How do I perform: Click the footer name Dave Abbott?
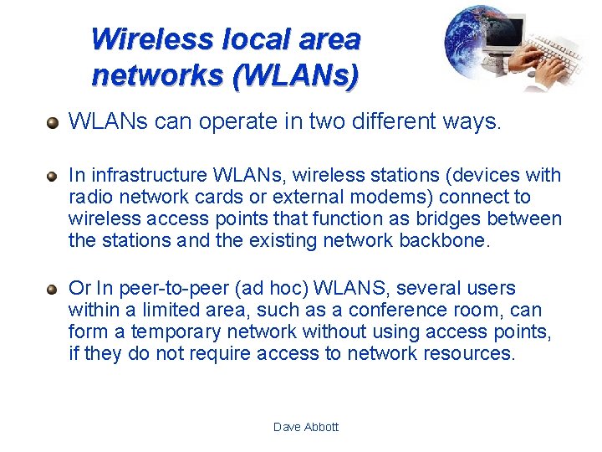pyautogui.click(x=306, y=427)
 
